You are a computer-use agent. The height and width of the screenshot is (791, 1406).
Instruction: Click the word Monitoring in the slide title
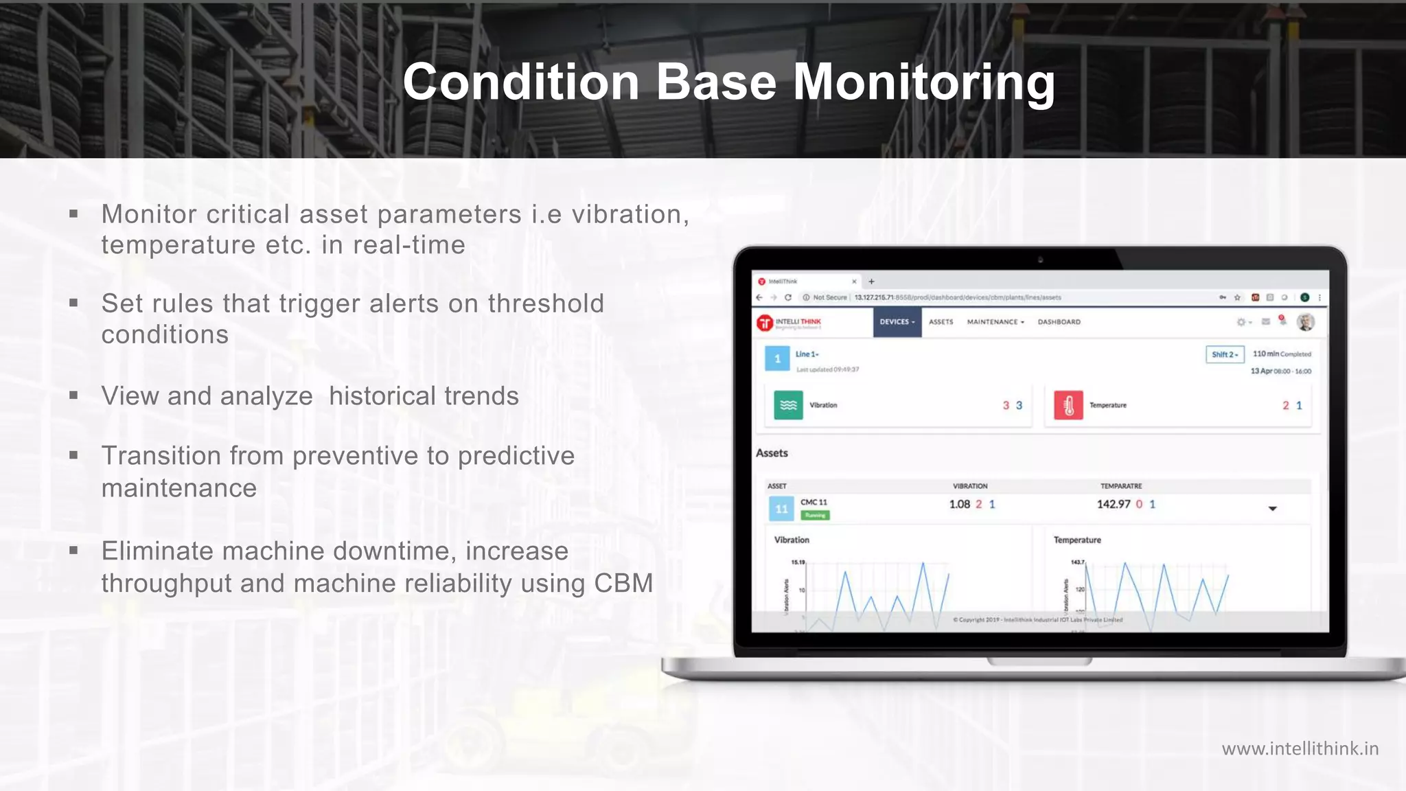[x=923, y=82]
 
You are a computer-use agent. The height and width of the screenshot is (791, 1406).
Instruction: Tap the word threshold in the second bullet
[x=546, y=303]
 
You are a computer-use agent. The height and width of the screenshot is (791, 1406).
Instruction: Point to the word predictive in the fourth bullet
[x=516, y=456]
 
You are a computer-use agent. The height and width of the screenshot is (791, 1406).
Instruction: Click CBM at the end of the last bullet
[x=623, y=584]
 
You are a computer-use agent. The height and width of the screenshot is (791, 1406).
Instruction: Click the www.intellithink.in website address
[x=1300, y=748]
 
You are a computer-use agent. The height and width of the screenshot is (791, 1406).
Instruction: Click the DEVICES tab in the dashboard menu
[x=897, y=322]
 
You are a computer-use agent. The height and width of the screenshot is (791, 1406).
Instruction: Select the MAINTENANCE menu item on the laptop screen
[x=995, y=322]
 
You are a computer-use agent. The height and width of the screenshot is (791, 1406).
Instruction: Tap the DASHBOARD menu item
[x=1059, y=322]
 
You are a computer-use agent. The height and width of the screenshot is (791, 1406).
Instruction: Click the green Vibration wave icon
[x=788, y=405]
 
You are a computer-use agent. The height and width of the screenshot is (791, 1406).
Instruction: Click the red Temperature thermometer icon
[x=1068, y=406]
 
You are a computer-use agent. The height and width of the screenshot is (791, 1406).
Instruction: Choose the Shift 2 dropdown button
[x=1224, y=354]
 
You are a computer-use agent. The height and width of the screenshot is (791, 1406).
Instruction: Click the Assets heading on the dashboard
[x=772, y=453]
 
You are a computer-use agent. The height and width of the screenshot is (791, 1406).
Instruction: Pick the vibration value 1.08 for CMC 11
[x=959, y=505]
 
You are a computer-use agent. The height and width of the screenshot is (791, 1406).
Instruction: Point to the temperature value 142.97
[x=1113, y=505]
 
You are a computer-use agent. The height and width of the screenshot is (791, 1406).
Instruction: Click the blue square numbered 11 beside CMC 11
[x=781, y=509]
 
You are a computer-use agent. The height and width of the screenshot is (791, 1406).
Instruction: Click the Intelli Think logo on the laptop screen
[x=789, y=322]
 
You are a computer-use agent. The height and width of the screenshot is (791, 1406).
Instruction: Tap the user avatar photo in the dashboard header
[x=1305, y=322]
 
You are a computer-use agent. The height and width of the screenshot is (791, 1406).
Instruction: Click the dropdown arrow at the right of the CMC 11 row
[x=1272, y=509]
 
